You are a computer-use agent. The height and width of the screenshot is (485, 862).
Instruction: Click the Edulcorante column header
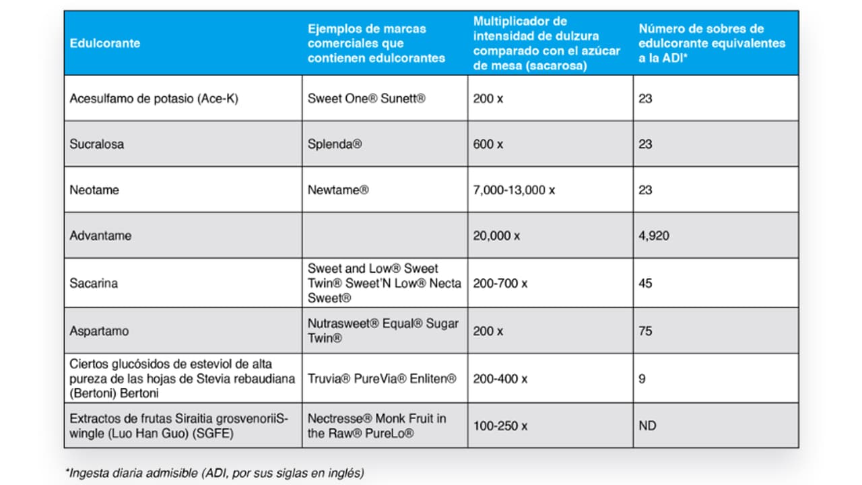105,43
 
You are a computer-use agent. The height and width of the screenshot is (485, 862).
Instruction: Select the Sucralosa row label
97,144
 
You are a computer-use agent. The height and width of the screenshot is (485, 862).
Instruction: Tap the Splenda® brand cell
335,144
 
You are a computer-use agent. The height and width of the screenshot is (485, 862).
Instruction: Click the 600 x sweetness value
488,144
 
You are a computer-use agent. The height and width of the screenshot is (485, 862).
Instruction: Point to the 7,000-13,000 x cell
514,190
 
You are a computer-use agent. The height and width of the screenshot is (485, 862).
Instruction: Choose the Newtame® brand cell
338,190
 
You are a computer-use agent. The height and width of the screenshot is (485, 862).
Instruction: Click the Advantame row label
100,236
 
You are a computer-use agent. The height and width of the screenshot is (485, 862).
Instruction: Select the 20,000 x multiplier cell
496,236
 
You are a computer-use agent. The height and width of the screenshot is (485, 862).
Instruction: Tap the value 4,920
654,236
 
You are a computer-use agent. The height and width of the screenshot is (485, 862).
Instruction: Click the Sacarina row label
94,284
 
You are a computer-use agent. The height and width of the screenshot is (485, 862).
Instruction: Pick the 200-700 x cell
500,284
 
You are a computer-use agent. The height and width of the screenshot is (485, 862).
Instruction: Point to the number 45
645,284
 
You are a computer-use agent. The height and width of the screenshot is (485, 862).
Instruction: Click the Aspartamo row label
99,331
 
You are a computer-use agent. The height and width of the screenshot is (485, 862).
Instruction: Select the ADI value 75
645,331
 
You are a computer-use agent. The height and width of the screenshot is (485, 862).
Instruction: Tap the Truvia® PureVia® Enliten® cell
382,379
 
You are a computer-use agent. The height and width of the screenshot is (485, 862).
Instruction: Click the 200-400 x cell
500,379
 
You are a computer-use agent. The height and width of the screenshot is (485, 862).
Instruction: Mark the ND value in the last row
647,426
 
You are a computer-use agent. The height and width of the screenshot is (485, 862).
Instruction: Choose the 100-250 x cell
500,426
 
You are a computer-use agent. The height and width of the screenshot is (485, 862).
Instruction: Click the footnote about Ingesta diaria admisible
215,473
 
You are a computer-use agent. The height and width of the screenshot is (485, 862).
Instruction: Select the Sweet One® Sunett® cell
366,98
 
